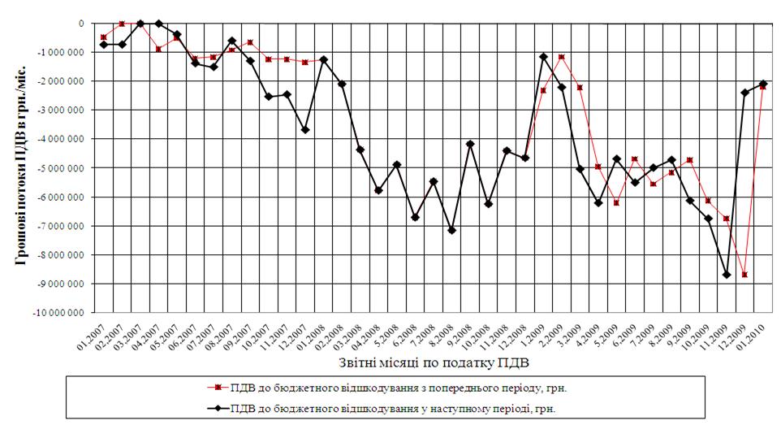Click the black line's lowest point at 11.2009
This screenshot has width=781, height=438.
coord(727,275)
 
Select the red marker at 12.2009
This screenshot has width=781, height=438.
coord(744,275)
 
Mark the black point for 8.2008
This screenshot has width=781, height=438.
coord(451,231)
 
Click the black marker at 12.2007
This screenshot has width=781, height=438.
coord(305,130)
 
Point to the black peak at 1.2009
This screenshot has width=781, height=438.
coord(543,57)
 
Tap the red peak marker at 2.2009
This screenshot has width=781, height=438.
coord(562,57)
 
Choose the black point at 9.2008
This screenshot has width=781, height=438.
coord(470,144)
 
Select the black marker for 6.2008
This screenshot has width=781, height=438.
coord(415,217)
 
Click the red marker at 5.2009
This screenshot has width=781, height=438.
coord(616,202)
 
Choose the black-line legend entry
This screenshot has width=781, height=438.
coord(390,409)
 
